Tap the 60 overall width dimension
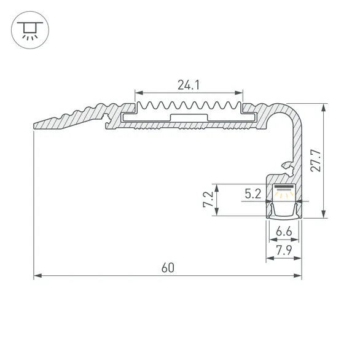[167, 268]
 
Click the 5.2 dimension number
[252, 194]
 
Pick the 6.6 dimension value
[284, 232]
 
